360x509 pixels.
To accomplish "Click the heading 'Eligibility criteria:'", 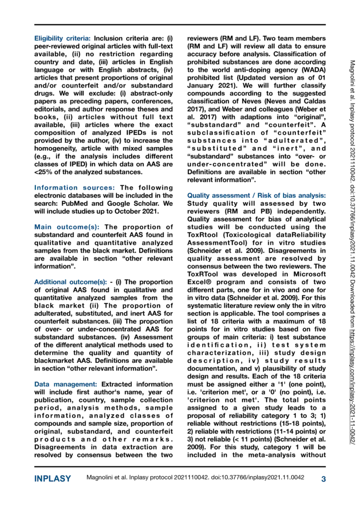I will (62, 38).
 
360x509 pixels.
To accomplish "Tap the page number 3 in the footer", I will (323, 479).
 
